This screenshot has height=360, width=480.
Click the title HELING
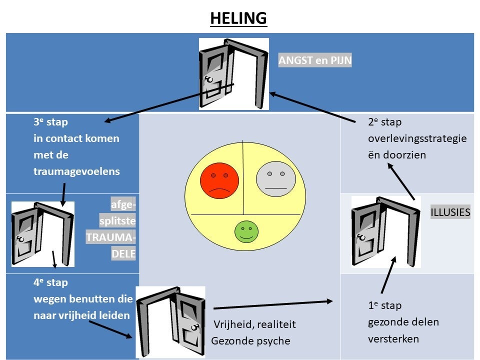point(238,18)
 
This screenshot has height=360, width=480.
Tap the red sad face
point(219,180)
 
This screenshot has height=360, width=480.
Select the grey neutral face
point(276,179)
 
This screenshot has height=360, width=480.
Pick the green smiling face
point(246,231)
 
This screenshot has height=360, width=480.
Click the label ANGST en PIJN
point(315,60)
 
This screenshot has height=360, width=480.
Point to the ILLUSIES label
point(450,212)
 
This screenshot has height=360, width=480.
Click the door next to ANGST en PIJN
point(234,74)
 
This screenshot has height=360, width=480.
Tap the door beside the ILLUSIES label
point(386,232)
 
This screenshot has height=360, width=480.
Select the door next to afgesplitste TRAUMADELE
point(43,234)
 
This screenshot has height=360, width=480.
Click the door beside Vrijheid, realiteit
point(170,321)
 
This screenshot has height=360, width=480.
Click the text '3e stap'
point(51,122)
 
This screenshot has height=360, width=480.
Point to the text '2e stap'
point(385,122)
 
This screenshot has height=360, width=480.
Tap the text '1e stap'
point(385,305)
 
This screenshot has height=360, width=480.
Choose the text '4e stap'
point(51,282)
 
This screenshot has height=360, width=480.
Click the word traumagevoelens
point(76,171)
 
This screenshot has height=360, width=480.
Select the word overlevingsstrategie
point(417,138)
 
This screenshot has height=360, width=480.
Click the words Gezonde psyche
point(250,341)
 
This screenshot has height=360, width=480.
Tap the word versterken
point(393,339)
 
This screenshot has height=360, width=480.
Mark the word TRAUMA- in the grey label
point(111,237)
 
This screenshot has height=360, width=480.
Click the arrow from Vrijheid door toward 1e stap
point(273,305)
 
